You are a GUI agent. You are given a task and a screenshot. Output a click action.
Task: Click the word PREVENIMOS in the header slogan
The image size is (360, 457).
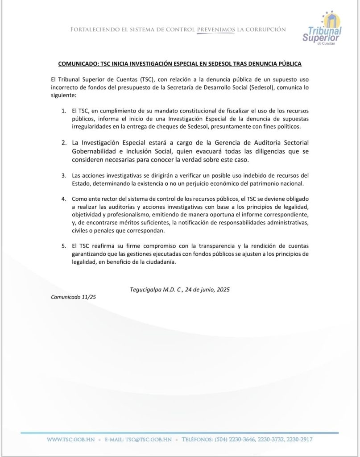click(x=216, y=29)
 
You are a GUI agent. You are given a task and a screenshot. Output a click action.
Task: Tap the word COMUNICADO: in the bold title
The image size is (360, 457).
click(x=79, y=64)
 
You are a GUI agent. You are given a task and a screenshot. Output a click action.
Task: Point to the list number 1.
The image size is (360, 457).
click(x=64, y=110)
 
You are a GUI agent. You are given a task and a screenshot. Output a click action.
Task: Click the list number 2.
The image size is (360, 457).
click(x=64, y=142)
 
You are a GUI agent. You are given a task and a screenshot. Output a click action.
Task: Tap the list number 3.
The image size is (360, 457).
click(x=64, y=174)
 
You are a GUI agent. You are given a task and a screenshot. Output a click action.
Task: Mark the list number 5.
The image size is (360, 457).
click(x=64, y=246)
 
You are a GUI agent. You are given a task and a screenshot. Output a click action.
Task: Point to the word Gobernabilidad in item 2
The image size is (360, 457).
click(x=96, y=151)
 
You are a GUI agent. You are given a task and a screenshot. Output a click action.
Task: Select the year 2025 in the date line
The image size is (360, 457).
click(x=223, y=289)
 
